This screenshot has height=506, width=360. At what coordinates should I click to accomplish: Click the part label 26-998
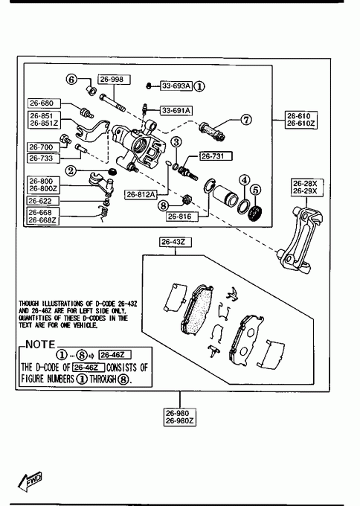pyautogui.click(x=115, y=80)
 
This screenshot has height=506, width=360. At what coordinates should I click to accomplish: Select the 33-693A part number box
pyautogui.click(x=176, y=86)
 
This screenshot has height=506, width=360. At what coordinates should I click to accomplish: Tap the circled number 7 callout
pyautogui.click(x=245, y=120)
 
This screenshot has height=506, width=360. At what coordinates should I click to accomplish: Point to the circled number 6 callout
pyautogui.click(x=71, y=79)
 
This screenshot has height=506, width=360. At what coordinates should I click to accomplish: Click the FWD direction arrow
pyautogui.click(x=30, y=481)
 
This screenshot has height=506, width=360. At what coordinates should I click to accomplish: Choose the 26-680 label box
pyautogui.click(x=45, y=103)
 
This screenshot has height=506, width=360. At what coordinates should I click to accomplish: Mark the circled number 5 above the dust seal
pyautogui.click(x=255, y=190)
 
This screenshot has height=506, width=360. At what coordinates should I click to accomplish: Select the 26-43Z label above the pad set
pyautogui.click(x=176, y=242)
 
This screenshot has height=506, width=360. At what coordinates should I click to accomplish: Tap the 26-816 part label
pyautogui.click(x=182, y=217)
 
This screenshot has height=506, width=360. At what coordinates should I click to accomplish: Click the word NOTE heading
pyautogui.click(x=41, y=345)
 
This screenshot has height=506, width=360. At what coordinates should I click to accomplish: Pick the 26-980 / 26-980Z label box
pyautogui.click(x=180, y=417)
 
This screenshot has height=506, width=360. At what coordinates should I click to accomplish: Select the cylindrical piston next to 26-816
pyautogui.click(x=226, y=196)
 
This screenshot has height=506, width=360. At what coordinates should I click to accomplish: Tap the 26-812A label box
pyautogui.click(x=141, y=195)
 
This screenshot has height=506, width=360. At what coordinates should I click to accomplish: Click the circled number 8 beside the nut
pyautogui.click(x=164, y=205)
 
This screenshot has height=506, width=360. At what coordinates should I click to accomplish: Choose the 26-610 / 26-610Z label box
pyautogui.click(x=301, y=120)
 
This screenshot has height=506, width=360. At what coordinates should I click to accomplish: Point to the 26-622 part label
pyautogui.click(x=43, y=201)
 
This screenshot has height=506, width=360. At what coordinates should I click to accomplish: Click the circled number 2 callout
pyautogui.click(x=71, y=170)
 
